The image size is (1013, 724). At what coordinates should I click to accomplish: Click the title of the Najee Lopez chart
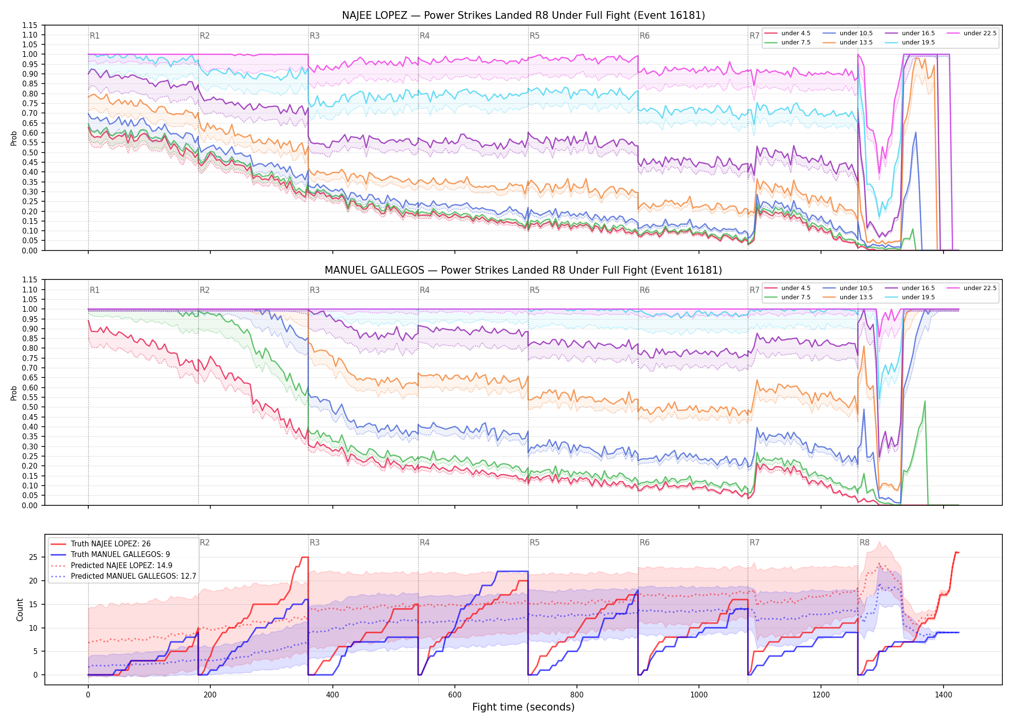pyautogui.click(x=523, y=15)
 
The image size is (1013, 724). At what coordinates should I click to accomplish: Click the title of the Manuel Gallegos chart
pyautogui.click(x=523, y=270)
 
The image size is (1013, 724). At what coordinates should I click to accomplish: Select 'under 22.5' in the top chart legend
pyautogui.click(x=980, y=33)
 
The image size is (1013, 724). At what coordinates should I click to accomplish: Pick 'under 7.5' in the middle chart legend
pyautogui.click(x=796, y=297)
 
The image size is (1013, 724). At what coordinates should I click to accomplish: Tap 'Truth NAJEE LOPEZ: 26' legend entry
pyautogui.click(x=110, y=544)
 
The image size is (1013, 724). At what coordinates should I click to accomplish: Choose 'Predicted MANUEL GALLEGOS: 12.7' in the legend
pyautogui.click(x=134, y=576)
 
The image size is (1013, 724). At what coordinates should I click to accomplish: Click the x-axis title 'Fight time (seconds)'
pyautogui.click(x=523, y=707)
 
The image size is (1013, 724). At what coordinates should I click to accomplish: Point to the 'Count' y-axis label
pyautogui.click(x=20, y=610)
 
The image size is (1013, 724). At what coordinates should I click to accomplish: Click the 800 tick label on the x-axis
pyautogui.click(x=577, y=695)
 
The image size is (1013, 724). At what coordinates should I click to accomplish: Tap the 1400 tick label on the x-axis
pyautogui.click(x=944, y=695)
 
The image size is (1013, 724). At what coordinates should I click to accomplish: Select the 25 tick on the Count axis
pyautogui.click(x=33, y=557)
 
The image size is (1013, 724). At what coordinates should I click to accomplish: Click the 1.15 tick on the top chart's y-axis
pyautogui.click(x=30, y=25)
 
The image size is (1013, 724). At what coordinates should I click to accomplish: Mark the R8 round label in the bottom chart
pyautogui.click(x=864, y=543)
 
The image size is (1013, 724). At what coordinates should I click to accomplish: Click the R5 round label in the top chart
pyautogui.click(x=534, y=36)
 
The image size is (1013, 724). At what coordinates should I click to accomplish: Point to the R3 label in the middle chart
pyautogui.click(x=315, y=290)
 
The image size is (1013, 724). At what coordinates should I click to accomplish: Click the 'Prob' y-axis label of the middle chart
pyautogui.click(x=14, y=393)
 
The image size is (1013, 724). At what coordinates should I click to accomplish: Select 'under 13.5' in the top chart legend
pyautogui.click(x=856, y=42)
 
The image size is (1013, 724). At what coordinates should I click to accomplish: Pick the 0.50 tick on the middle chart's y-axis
pyautogui.click(x=30, y=407)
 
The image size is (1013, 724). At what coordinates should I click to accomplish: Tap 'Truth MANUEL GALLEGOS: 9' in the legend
pyautogui.click(x=120, y=555)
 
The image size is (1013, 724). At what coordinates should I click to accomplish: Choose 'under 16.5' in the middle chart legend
pyautogui.click(x=918, y=288)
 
